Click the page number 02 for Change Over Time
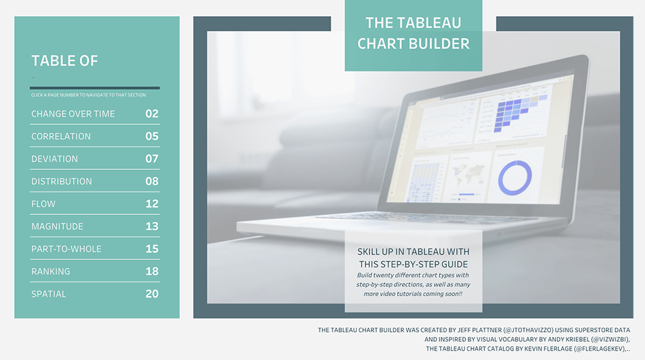pyautogui.click(x=152, y=114)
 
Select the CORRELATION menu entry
pyautogui.click(x=61, y=136)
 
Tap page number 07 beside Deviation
pyautogui.click(x=152, y=159)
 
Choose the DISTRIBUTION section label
pyautogui.click(x=62, y=181)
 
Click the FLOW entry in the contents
pyautogui.click(x=44, y=204)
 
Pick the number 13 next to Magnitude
pyautogui.click(x=152, y=226)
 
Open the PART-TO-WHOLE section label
pyautogui.click(x=67, y=249)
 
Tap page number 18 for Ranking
pyautogui.click(x=152, y=271)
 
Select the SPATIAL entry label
pyautogui.click(x=48, y=294)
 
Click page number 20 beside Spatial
pyautogui.click(x=152, y=294)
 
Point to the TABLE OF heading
pyautogui.click(x=64, y=60)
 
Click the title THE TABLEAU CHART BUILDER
pyautogui.click(x=413, y=34)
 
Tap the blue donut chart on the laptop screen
pyautogui.click(x=515, y=177)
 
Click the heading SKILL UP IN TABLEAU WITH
pyautogui.click(x=413, y=251)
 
